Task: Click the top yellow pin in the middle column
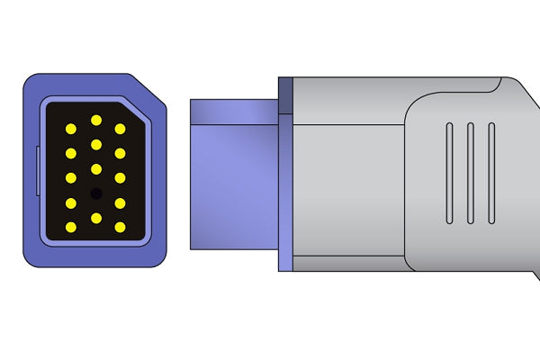pyautogui.click(x=95, y=120)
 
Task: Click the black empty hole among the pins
pyautogui.click(x=95, y=193)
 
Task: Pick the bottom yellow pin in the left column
pyautogui.click(x=71, y=226)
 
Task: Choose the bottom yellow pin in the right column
pyautogui.click(x=120, y=226)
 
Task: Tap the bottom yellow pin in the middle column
pyautogui.click(x=95, y=218)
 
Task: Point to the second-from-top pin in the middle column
pyautogui.click(x=95, y=144)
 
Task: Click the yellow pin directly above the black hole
pyautogui.click(x=95, y=169)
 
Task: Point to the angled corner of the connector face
pyautogui.click(x=148, y=90)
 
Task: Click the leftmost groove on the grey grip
pyautogui.click(x=448, y=173)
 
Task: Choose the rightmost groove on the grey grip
pyautogui.click(x=491, y=173)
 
